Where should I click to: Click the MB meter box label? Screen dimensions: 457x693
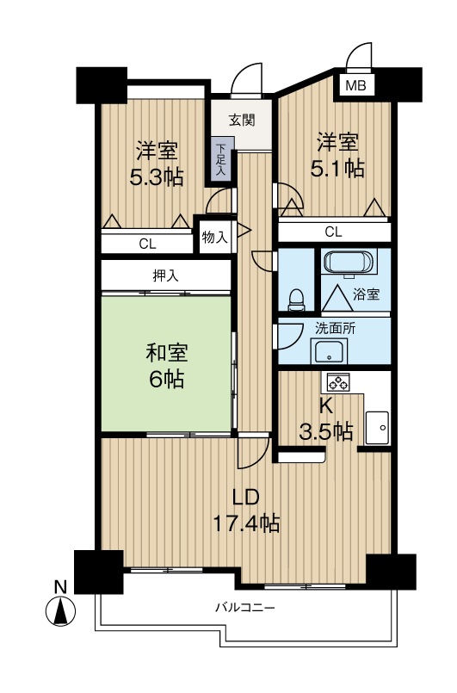(355, 85)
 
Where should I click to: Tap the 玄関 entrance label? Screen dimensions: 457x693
(242, 120)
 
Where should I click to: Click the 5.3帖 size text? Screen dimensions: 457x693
(157, 177)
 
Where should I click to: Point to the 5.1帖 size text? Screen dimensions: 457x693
(337, 169)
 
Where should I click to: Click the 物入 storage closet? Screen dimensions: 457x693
(215, 238)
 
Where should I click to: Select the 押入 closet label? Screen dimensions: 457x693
(165, 275)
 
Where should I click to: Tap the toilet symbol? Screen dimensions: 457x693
(295, 300)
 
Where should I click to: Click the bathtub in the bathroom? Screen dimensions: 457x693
(346, 262)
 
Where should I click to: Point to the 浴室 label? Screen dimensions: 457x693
(366, 294)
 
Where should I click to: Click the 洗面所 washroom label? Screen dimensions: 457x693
(335, 328)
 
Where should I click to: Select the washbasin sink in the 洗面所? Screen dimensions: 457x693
(329, 352)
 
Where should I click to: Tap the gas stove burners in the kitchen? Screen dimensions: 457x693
(338, 382)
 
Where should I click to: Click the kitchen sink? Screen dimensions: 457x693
(377, 428)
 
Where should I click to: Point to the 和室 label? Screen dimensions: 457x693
(167, 353)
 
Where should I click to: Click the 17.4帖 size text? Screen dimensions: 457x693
(246, 523)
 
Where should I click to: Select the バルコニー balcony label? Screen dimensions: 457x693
(245, 608)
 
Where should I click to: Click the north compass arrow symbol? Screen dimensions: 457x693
(60, 611)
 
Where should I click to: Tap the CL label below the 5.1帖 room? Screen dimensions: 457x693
(333, 232)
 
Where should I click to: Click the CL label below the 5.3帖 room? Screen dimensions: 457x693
(147, 244)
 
